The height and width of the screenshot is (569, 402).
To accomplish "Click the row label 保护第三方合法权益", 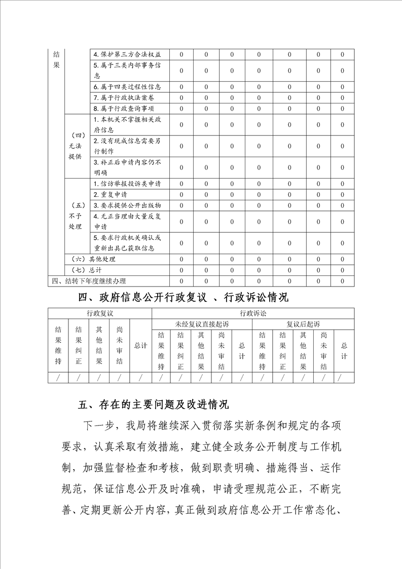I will tap(130, 55).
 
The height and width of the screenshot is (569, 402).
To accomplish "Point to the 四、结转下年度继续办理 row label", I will tap(89, 281).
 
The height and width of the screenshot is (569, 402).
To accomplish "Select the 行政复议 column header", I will tap(100, 314).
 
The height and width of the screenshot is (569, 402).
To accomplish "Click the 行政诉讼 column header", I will tap(253, 314).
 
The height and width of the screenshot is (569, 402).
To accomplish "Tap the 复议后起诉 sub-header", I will tap(303, 324).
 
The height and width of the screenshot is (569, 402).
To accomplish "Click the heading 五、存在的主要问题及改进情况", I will tap(154, 405).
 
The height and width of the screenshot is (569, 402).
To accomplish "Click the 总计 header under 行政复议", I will tap(140, 346).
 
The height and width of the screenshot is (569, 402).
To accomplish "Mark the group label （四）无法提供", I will tap(76, 146).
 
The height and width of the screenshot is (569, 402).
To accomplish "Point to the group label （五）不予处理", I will tap(76, 216).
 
